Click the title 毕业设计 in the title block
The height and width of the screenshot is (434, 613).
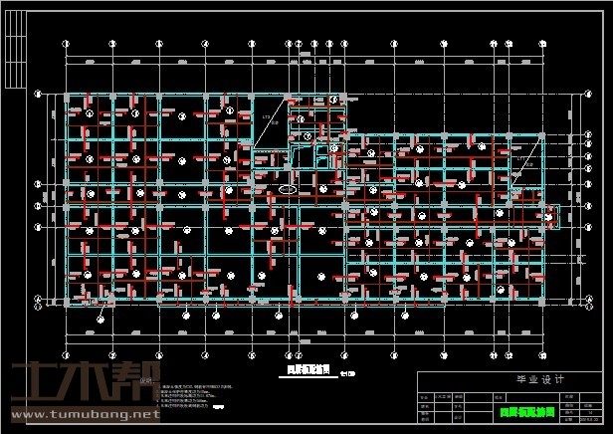click(x=511, y=379)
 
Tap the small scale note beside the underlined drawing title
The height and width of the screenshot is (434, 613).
click(x=345, y=375)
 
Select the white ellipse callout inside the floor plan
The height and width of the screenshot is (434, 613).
click(x=287, y=188)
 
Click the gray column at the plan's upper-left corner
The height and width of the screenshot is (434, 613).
click(x=67, y=98)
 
